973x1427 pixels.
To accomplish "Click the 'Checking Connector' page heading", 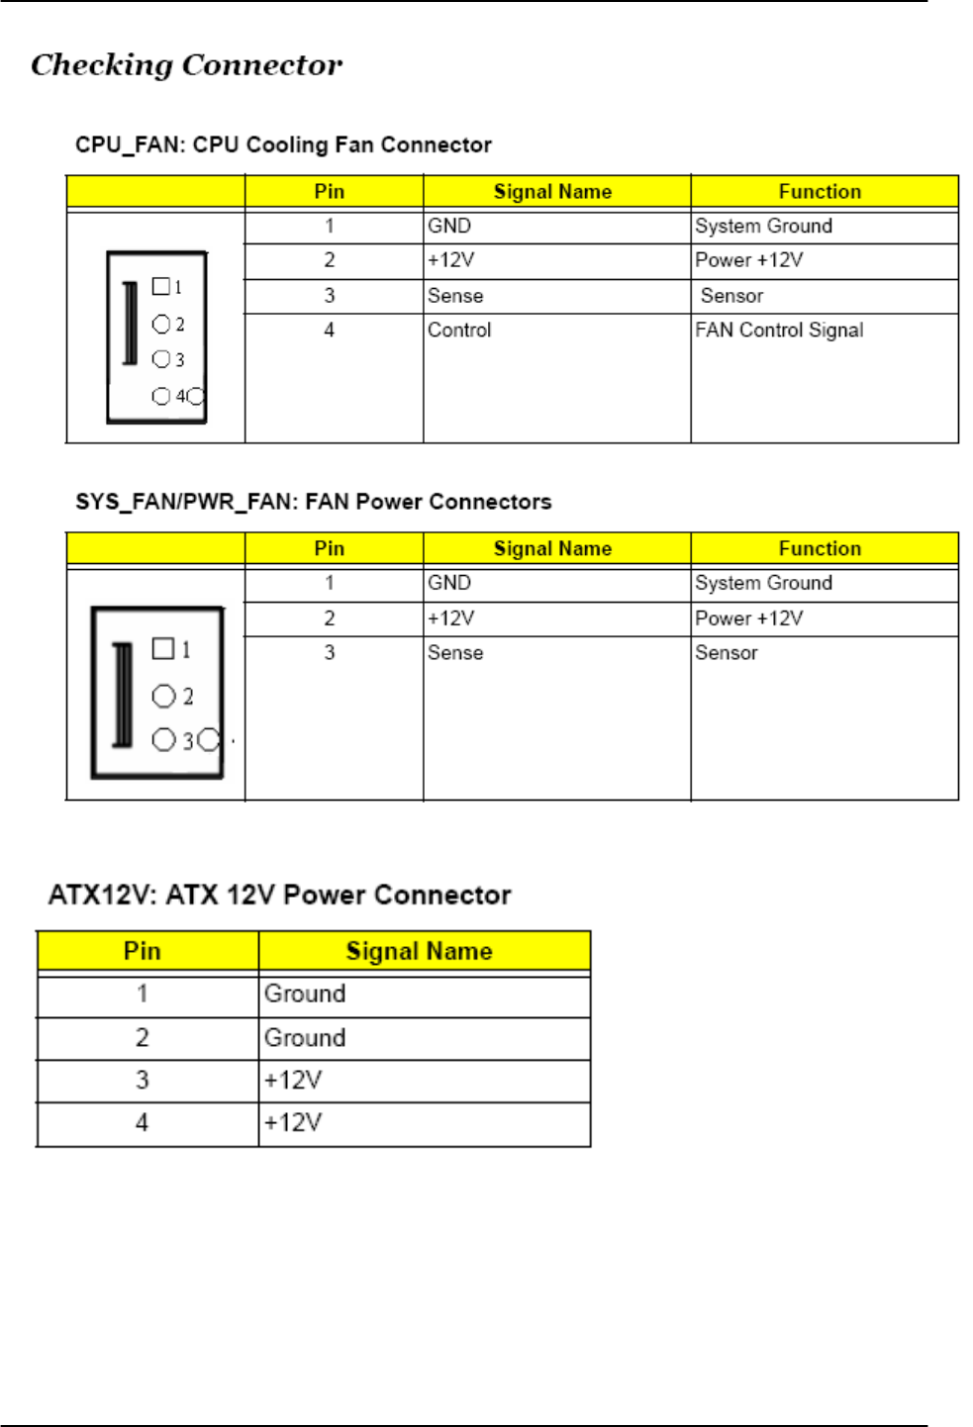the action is pyautogui.click(x=186, y=65).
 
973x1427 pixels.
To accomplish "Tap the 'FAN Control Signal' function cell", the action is pyautogui.click(x=779, y=331).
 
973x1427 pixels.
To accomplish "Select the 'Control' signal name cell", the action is pyautogui.click(x=459, y=331).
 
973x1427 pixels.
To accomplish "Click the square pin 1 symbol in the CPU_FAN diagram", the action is pyautogui.click(x=160, y=286).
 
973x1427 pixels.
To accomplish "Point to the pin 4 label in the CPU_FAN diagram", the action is pyautogui.click(x=181, y=397).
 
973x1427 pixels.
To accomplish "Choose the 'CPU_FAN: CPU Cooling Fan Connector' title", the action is pyautogui.click(x=283, y=145).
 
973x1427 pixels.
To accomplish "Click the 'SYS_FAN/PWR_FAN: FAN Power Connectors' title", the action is pyautogui.click(x=313, y=502).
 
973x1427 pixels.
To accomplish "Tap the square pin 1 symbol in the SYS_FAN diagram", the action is pyautogui.click(x=163, y=648).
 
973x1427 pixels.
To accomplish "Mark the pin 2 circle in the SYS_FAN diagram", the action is pyautogui.click(x=163, y=697).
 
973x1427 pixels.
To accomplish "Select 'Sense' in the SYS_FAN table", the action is pyautogui.click(x=455, y=653).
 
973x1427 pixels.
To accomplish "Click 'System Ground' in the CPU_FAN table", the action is pyautogui.click(x=763, y=227).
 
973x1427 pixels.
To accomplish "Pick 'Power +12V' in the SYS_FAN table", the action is pyautogui.click(x=748, y=618).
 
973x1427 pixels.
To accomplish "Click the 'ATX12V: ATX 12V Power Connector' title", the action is pyautogui.click(x=279, y=896).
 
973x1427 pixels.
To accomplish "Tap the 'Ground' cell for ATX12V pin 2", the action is pyautogui.click(x=305, y=1038).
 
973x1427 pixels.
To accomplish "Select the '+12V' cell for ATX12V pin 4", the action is pyautogui.click(x=293, y=1123).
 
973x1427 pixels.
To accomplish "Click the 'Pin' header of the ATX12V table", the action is pyautogui.click(x=143, y=951).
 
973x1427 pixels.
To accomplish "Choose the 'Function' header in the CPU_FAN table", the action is pyautogui.click(x=820, y=192).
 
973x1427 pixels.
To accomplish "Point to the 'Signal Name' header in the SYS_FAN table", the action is pyautogui.click(x=552, y=549).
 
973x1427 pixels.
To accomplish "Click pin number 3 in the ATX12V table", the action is pyautogui.click(x=143, y=1080).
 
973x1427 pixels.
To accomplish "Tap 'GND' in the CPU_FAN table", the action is pyautogui.click(x=449, y=227).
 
